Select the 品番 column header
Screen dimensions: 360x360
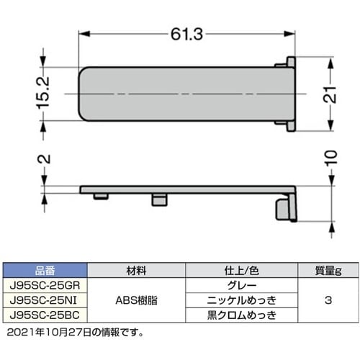[x=45, y=272]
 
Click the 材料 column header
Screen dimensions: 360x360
[x=139, y=272]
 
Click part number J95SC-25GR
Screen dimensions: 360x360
[x=45, y=285]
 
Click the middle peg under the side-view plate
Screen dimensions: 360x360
[x=157, y=198]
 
